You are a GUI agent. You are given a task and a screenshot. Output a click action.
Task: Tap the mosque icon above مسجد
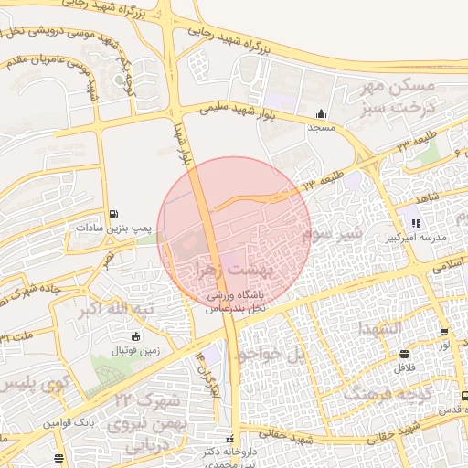pyautogui.click(x=321, y=115)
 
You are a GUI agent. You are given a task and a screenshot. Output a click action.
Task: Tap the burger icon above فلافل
pyautogui.click(x=404, y=354)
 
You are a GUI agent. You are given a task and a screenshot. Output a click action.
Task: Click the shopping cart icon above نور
pyautogui.click(x=443, y=332)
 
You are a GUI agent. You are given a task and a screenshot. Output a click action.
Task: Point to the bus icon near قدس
pyautogui.click(x=464, y=397)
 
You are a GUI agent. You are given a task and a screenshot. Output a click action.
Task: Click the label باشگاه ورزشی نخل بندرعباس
pyautogui.click(x=234, y=302)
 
